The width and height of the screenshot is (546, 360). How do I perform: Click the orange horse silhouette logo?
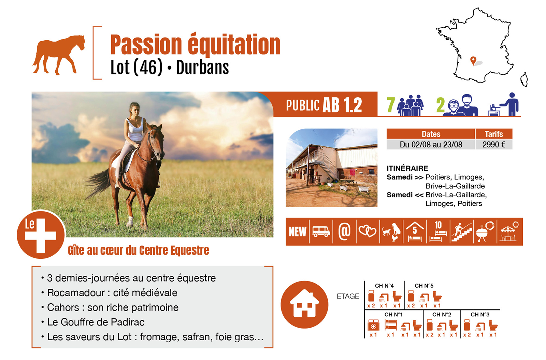(x=58, y=55)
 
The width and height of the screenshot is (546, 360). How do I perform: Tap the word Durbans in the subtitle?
(x=203, y=68)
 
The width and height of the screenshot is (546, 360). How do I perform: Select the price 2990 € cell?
(x=494, y=145)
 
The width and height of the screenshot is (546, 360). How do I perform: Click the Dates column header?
(x=431, y=134)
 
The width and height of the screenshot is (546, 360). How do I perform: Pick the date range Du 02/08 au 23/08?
(x=431, y=145)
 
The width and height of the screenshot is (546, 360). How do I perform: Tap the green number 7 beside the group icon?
(x=391, y=105)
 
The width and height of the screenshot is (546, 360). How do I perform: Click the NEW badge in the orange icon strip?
(x=297, y=232)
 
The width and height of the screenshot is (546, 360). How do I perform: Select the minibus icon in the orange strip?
(x=321, y=232)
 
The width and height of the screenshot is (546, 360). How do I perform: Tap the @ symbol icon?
(x=344, y=231)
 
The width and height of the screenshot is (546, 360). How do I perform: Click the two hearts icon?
(x=367, y=231)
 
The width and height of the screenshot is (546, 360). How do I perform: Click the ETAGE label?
(x=348, y=297)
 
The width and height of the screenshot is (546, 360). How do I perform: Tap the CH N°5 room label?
(x=424, y=286)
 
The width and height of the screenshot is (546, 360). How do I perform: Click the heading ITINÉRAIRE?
(x=407, y=169)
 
